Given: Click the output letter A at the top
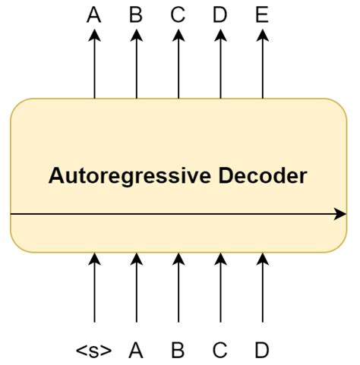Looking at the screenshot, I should pyautogui.click(x=94, y=14).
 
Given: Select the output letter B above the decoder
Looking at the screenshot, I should pyautogui.click(x=136, y=14).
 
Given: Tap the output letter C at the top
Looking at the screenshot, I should pyautogui.click(x=178, y=14).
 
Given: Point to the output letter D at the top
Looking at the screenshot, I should pyautogui.click(x=220, y=14).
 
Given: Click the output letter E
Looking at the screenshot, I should pyautogui.click(x=262, y=14).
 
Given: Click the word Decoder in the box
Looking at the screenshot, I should pyautogui.click(x=263, y=176).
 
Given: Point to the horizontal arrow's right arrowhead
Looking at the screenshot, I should pyautogui.click(x=341, y=215).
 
